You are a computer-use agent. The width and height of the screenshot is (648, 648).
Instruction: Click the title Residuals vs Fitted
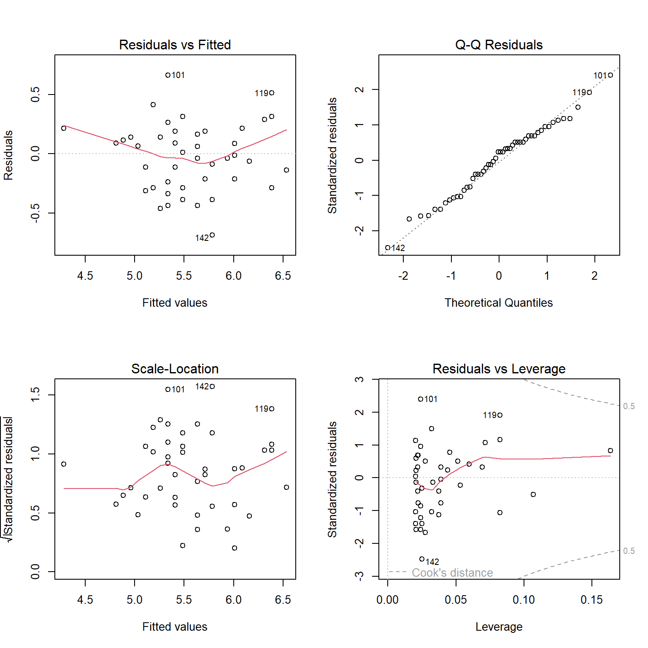(175, 45)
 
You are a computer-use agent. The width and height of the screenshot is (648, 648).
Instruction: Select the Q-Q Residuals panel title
(499, 45)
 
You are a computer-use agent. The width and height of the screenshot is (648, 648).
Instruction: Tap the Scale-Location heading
(175, 369)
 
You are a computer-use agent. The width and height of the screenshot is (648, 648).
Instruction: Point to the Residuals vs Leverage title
(499, 369)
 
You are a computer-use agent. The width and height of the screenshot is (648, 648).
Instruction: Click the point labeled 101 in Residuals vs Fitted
(168, 75)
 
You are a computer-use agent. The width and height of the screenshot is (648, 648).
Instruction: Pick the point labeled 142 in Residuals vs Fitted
(212, 235)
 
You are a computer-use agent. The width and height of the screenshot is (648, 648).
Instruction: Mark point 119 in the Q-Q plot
(589, 92)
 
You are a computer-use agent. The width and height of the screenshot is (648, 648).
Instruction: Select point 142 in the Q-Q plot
(388, 248)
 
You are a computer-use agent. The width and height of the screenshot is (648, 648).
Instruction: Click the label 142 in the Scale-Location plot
(202, 386)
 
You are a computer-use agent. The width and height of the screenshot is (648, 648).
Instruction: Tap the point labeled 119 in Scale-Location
(272, 409)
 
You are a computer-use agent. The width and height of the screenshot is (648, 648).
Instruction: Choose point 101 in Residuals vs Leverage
(421, 399)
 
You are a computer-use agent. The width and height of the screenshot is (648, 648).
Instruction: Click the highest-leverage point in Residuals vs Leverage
(610, 451)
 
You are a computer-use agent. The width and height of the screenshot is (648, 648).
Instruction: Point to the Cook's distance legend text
(452, 572)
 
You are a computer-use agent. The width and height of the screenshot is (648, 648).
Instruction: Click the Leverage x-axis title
(499, 627)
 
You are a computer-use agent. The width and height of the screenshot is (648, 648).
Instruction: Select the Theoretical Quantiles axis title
(499, 303)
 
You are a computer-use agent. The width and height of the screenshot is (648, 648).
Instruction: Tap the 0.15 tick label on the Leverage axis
(591, 600)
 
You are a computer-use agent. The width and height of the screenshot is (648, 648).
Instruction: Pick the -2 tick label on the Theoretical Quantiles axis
(403, 276)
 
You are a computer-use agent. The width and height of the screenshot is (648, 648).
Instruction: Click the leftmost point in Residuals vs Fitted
(64, 128)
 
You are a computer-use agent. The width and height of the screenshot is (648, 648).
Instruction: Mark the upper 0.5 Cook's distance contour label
(629, 406)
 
